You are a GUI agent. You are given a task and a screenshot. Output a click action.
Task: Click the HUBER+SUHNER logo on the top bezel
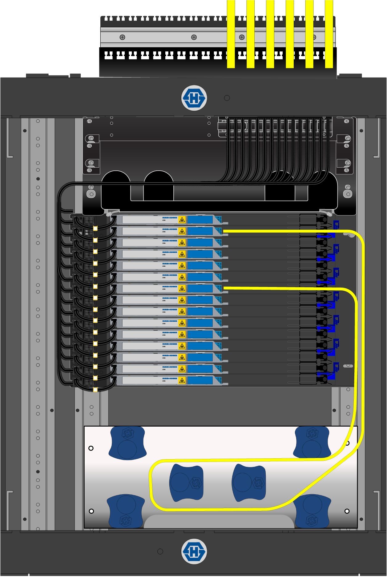(x=194, y=98)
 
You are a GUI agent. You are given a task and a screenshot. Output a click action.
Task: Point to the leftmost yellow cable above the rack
(x=231, y=34)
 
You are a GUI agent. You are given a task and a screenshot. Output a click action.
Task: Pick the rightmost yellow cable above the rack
(x=329, y=34)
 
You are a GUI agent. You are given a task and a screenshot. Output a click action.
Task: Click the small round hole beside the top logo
(x=227, y=98)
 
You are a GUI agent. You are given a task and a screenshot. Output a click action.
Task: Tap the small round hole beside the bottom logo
(x=160, y=551)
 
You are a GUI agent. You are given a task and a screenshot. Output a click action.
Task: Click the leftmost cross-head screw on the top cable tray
(x=122, y=37)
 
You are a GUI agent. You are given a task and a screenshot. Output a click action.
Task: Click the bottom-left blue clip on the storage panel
(x=126, y=511)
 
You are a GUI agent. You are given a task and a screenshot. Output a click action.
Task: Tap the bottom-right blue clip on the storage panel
(x=312, y=511)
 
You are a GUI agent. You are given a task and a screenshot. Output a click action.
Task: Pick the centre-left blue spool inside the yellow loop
(x=186, y=482)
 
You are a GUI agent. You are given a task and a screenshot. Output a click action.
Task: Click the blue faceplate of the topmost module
(x=200, y=220)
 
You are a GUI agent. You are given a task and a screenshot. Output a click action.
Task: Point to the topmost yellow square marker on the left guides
(x=95, y=229)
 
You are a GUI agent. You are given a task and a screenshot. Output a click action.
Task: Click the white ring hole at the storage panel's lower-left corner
(x=91, y=511)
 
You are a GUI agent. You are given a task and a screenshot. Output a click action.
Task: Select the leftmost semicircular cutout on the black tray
(x=116, y=178)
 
